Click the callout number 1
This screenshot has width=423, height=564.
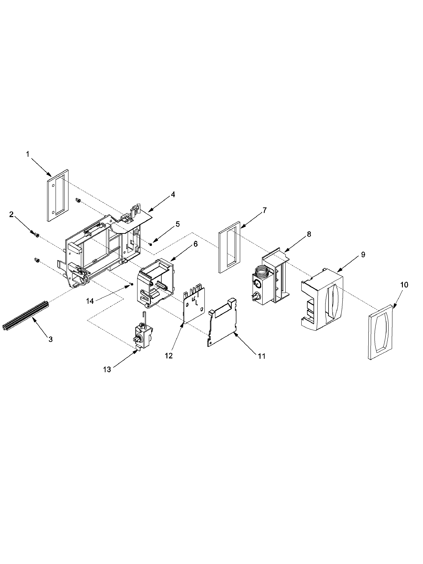[28, 154]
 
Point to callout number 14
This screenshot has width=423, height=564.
[90, 301]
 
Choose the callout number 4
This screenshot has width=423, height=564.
[173, 194]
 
